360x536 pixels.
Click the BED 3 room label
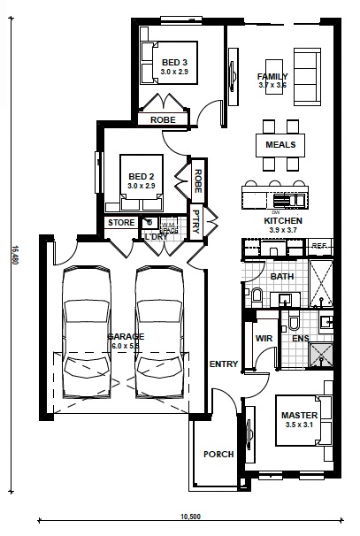point(173,62)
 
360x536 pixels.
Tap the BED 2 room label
point(141,175)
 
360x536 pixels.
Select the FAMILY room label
point(273,76)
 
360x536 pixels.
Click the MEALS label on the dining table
point(280,144)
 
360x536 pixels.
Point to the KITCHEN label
point(282,219)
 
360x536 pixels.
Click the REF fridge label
point(319,246)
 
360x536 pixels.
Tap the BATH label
point(281,277)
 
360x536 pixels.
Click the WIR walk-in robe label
point(263,338)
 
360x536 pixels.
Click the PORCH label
point(218,455)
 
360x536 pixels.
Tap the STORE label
point(121,223)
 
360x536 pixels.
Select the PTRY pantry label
point(196,222)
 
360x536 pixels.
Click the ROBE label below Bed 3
point(162,119)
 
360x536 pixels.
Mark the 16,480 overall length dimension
point(15,256)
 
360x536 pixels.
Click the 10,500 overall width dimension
point(190,516)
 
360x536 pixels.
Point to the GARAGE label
point(122,338)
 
